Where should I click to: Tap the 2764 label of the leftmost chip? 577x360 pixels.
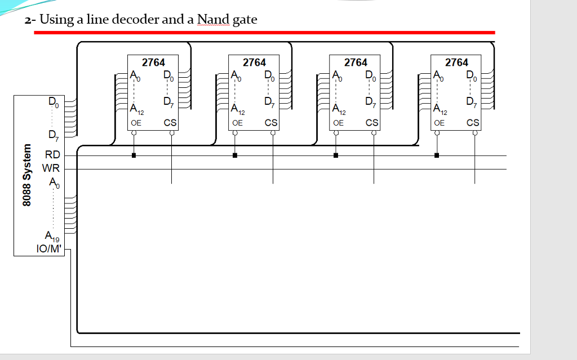click(153, 63)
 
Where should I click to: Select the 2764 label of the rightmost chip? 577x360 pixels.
click(456, 63)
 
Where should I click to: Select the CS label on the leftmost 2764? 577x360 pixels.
click(170, 122)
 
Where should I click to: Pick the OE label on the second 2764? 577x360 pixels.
click(237, 122)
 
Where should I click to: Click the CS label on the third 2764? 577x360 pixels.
click(372, 122)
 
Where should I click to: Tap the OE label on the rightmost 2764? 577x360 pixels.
click(439, 122)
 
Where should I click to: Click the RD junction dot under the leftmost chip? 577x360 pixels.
click(134, 155)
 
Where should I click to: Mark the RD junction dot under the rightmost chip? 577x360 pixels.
click(437, 155)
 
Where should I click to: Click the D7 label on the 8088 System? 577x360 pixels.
click(52, 135)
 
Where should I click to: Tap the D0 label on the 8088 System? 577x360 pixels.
click(52, 103)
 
